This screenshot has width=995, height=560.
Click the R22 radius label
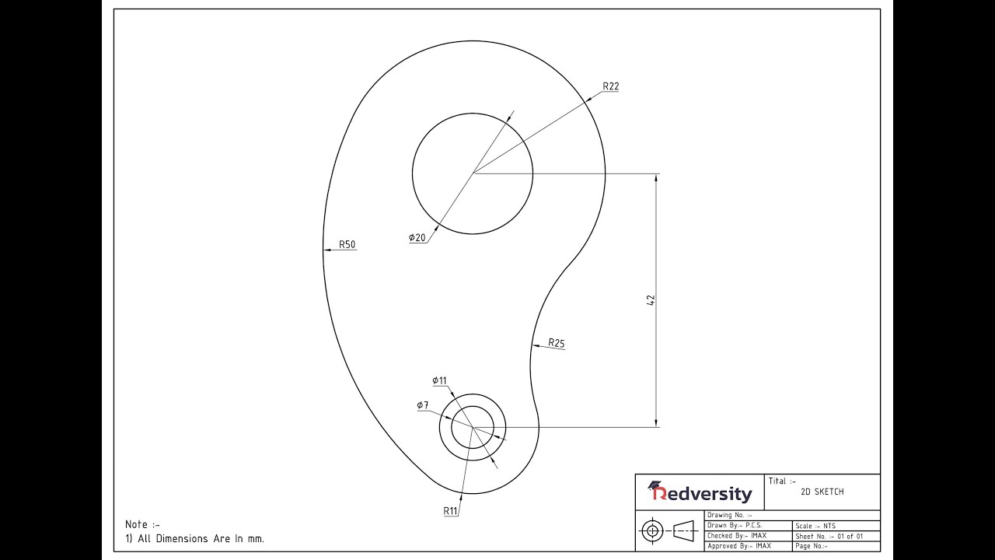[x=610, y=86]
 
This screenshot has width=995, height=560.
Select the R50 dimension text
[x=347, y=244]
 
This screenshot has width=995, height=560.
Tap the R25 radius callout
[x=556, y=342]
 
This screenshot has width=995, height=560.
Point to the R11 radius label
[x=451, y=511]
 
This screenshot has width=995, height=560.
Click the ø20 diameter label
[x=417, y=237]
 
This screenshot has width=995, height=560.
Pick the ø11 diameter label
[x=439, y=380]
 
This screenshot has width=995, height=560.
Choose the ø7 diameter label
[x=422, y=405]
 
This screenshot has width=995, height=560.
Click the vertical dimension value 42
[x=651, y=299]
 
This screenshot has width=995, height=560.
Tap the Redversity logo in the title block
[x=700, y=492]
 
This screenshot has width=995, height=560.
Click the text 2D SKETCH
[x=822, y=492]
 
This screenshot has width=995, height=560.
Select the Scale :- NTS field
[x=815, y=526]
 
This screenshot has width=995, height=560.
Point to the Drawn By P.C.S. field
[x=735, y=526]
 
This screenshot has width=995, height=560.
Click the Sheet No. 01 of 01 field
[x=829, y=536]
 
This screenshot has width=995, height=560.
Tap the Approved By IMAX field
[x=738, y=546]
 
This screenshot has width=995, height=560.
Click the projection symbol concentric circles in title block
[x=651, y=531]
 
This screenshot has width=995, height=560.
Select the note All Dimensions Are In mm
[x=201, y=538]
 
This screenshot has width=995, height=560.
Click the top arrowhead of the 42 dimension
[x=657, y=178]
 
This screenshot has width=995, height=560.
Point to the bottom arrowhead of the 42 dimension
[x=657, y=422]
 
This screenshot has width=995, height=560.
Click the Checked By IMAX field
[x=736, y=536]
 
